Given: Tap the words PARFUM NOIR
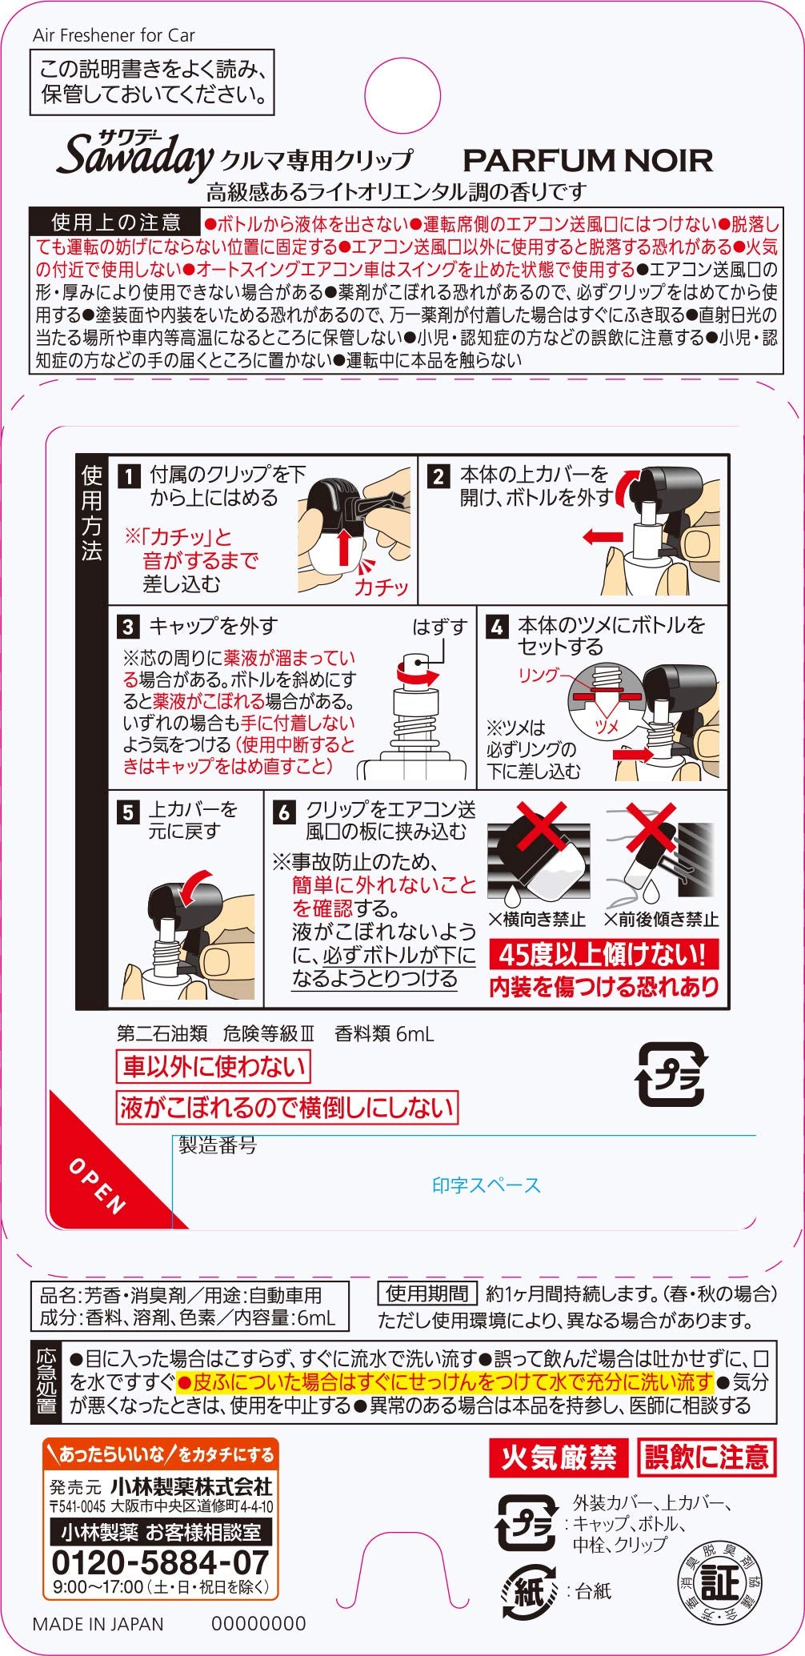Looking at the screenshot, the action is (x=587, y=161).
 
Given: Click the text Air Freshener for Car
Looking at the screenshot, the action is (x=114, y=35).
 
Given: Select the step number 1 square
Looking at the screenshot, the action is (x=129, y=478).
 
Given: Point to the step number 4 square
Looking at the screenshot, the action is (x=497, y=627).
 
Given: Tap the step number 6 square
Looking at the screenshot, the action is (x=284, y=812).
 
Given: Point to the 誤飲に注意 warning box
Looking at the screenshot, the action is (x=707, y=1458).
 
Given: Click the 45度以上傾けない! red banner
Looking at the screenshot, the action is (x=603, y=954).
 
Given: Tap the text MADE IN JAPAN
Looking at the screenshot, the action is (x=98, y=1624).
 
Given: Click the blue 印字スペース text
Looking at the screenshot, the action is (x=487, y=1185).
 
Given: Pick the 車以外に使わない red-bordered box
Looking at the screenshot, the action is (x=214, y=1067).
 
